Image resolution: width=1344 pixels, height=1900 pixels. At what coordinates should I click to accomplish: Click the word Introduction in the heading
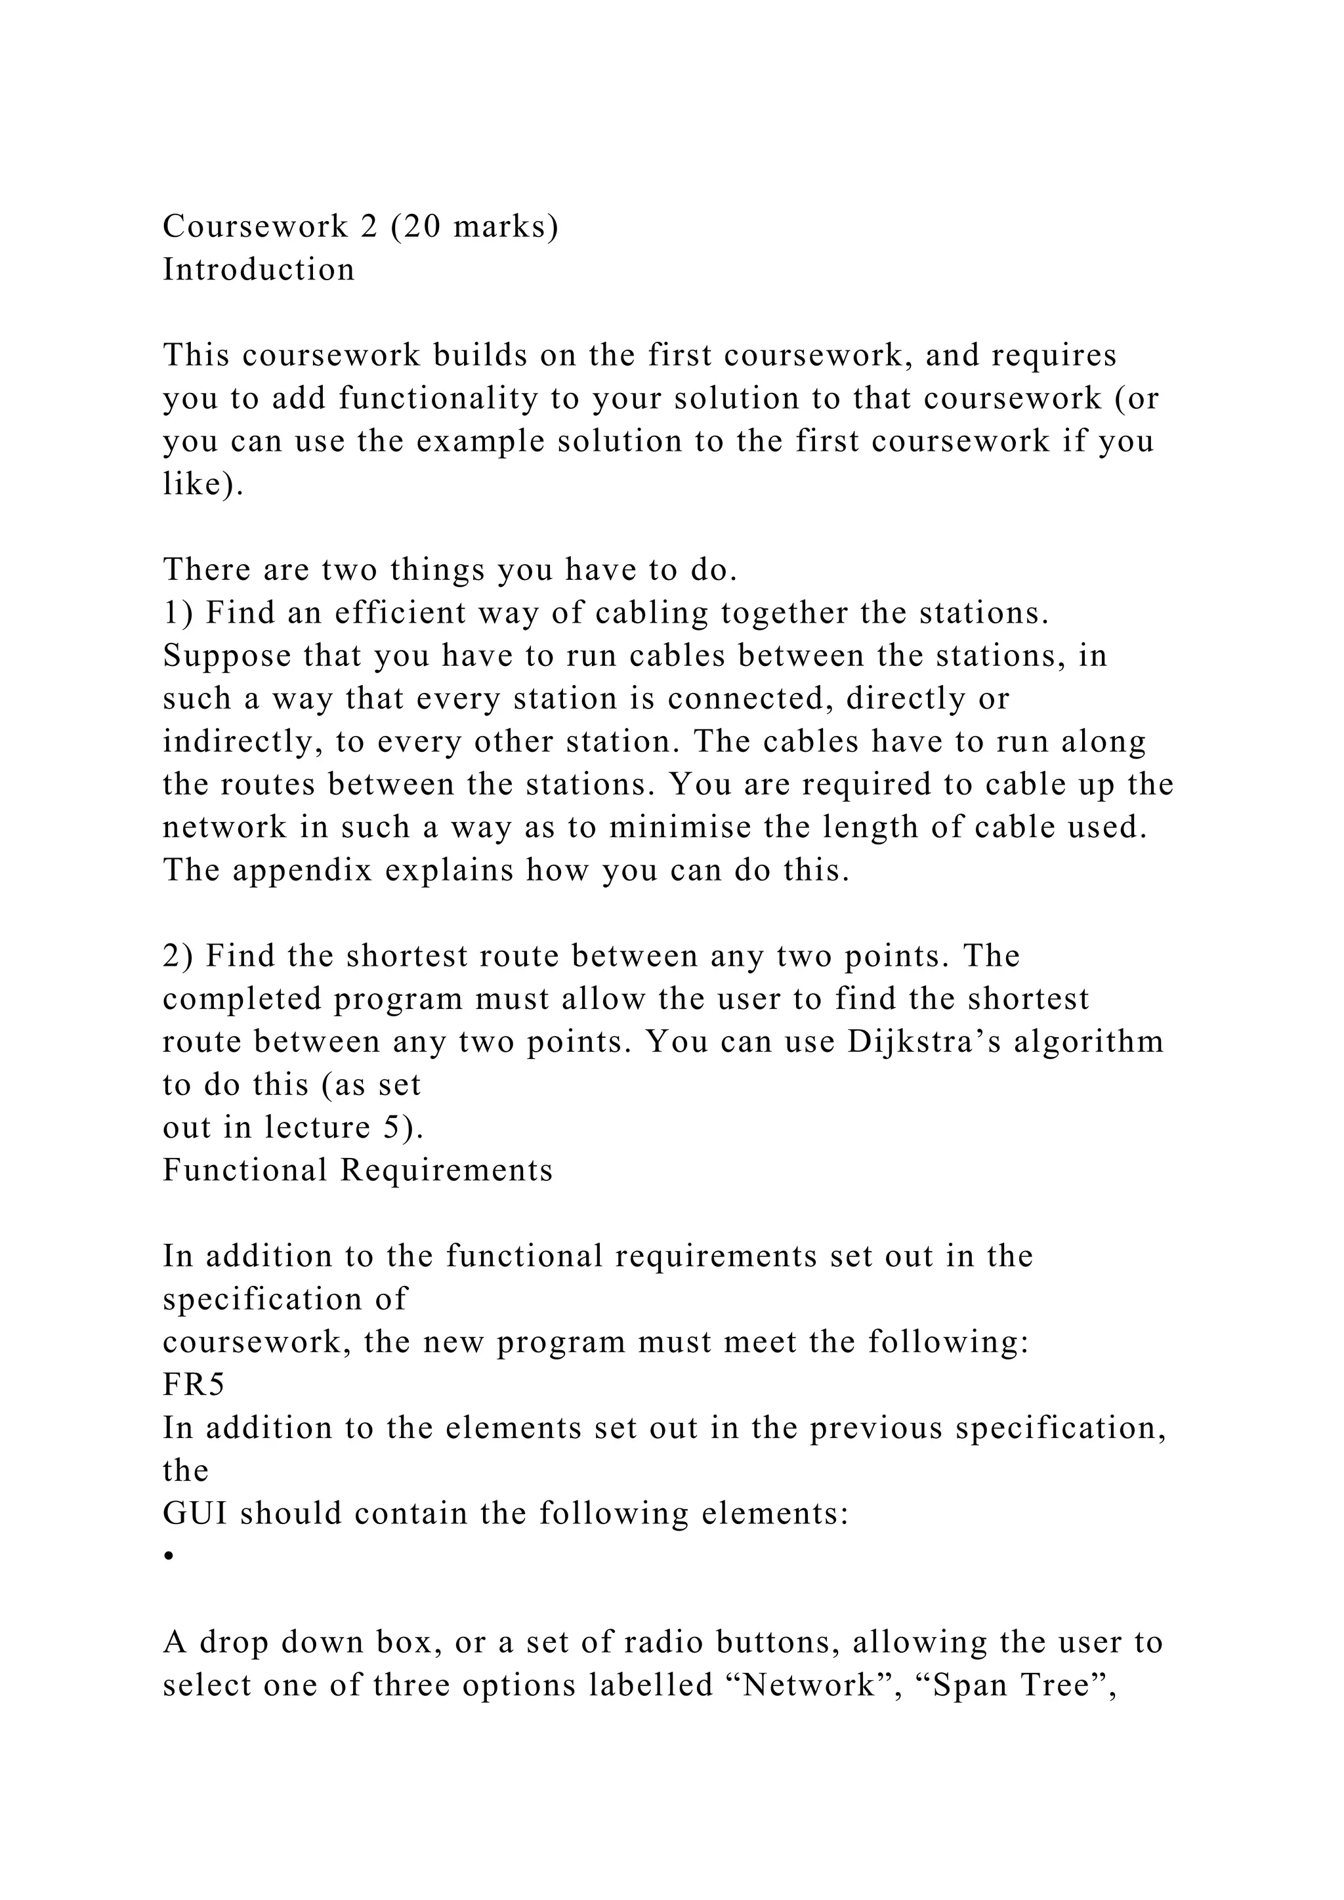click(258, 270)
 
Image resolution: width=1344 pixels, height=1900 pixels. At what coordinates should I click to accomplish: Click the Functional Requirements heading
click(358, 1171)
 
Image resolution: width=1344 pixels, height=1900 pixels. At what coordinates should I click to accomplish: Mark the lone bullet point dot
click(168, 1557)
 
